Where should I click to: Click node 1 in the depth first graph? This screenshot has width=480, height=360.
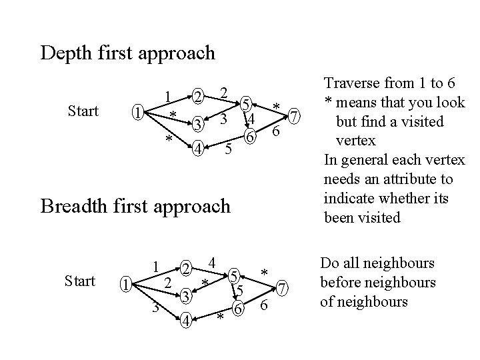tap(136, 111)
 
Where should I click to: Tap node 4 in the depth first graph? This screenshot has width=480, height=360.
tap(197, 149)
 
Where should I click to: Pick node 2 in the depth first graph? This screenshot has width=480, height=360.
tap(197, 98)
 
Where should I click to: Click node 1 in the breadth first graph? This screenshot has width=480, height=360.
tap(125, 285)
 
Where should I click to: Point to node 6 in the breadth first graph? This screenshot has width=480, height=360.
tap(237, 309)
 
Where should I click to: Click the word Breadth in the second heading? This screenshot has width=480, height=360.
tap(73, 206)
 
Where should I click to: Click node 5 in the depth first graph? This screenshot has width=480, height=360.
tap(246, 103)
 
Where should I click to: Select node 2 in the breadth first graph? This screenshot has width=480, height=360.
tap(188, 269)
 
